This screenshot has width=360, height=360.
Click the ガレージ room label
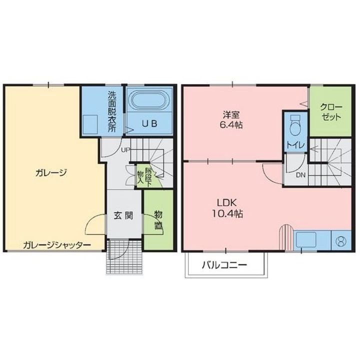tap(51, 172)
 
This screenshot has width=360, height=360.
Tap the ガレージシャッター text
tap(56, 245)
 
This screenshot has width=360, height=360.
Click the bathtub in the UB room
tap(148, 100)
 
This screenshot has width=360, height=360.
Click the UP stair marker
tap(124, 149)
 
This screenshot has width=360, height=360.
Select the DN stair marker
tap(300, 175)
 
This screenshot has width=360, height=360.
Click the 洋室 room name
tap(231, 113)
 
